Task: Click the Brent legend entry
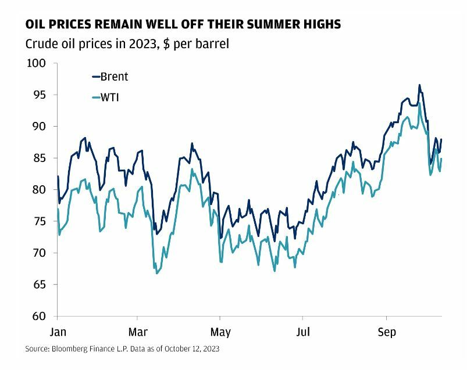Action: click(114, 77)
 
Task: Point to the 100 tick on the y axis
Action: click(38, 63)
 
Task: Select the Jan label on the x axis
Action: click(57, 332)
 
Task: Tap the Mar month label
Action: click(137, 332)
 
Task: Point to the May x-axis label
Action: click(220, 332)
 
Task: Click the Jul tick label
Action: click(302, 332)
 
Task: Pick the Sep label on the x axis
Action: click(386, 332)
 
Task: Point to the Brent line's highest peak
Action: click(419, 85)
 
